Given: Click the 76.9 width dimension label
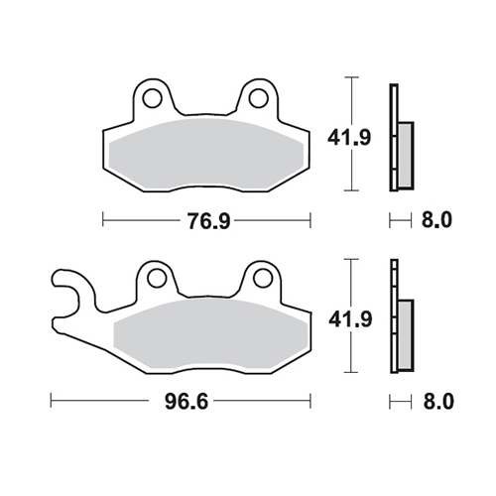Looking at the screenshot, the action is pos(208,220).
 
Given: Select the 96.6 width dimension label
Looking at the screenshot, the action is pos(186,402).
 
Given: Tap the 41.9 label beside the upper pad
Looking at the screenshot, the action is pos(349,137).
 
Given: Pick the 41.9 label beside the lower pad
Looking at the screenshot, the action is pos(350,319).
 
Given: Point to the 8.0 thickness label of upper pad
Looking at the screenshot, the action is pos(436,220).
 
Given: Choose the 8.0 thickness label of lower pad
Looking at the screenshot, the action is pos(438,402).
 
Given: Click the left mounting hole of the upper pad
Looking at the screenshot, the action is pos(152,98).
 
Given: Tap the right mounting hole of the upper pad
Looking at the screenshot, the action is pos(258,98).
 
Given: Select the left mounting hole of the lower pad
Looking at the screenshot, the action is pos(157,279).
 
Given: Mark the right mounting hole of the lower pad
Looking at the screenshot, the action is pos(263,279).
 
